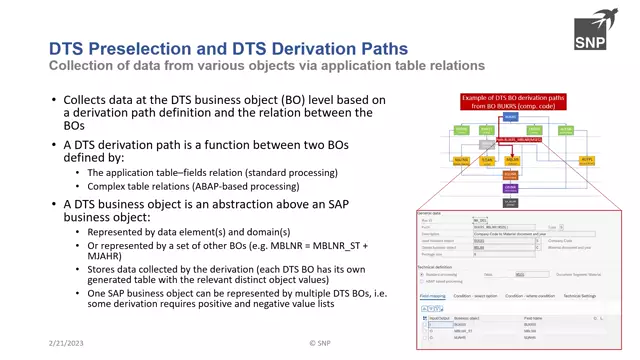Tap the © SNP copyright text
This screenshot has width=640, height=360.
tap(319, 342)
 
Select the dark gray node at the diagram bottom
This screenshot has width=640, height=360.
tap(510, 202)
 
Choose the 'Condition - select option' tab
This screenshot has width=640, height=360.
tap(476, 296)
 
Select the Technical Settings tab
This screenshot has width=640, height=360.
tap(581, 296)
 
